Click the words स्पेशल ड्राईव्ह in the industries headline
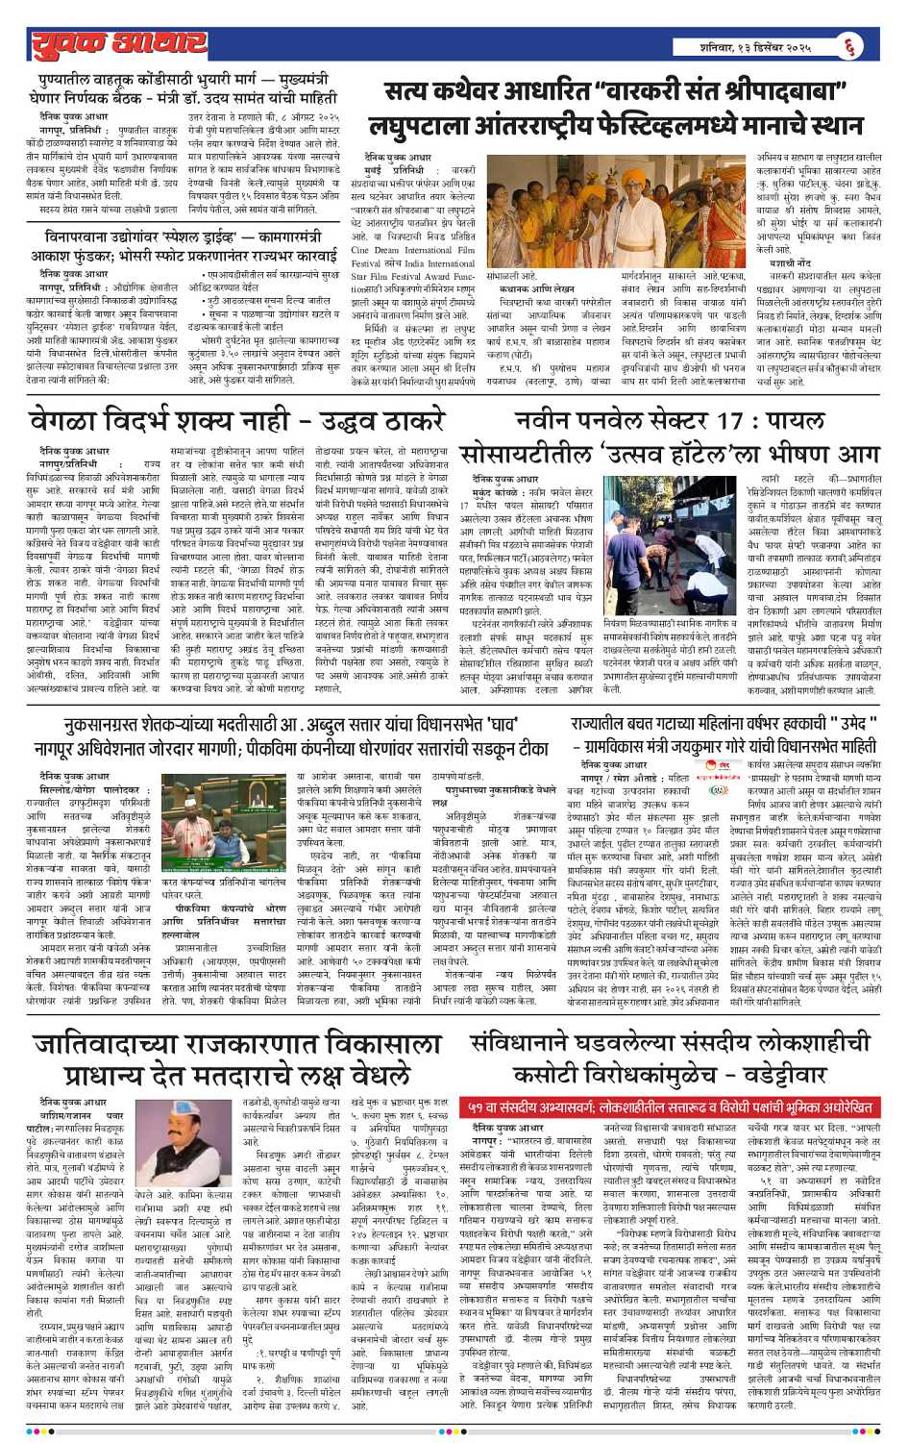(209, 236)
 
